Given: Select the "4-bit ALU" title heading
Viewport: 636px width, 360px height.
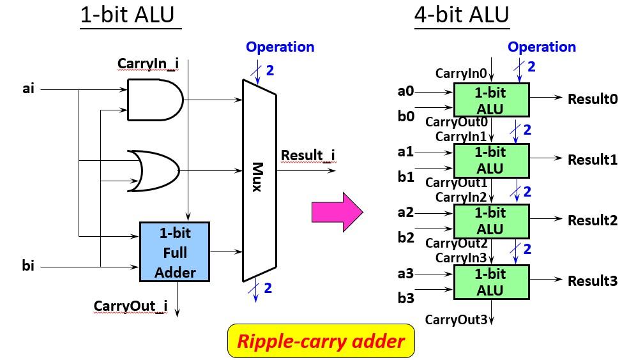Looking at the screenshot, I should tap(461, 15).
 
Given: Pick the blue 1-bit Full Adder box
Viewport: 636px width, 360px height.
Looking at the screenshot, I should tap(175, 252).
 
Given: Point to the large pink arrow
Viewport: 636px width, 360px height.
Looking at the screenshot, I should tap(337, 213).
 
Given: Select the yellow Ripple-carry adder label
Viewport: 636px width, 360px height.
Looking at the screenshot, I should tap(321, 341).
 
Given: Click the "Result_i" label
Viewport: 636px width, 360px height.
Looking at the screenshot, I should tap(308, 155).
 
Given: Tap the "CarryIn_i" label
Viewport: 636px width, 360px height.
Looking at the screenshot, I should tap(148, 64).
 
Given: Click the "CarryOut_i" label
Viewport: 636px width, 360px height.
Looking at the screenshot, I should tap(130, 306).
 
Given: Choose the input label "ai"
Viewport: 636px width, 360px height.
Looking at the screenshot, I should tap(28, 89).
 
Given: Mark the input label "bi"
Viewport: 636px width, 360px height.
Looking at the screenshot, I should tap(28, 266).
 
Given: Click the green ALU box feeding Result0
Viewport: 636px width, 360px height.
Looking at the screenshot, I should tap(490, 100).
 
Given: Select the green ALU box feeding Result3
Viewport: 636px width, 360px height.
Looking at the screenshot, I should tap(490, 281).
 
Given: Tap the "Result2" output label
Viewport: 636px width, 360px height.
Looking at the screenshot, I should tap(592, 220).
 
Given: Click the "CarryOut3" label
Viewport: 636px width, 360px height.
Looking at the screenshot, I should tap(456, 319).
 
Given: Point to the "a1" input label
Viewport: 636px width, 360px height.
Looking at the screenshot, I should tap(405, 152).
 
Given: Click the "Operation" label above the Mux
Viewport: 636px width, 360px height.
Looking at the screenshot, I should tap(280, 47).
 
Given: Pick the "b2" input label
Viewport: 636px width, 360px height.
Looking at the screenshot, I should tap(405, 237).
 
